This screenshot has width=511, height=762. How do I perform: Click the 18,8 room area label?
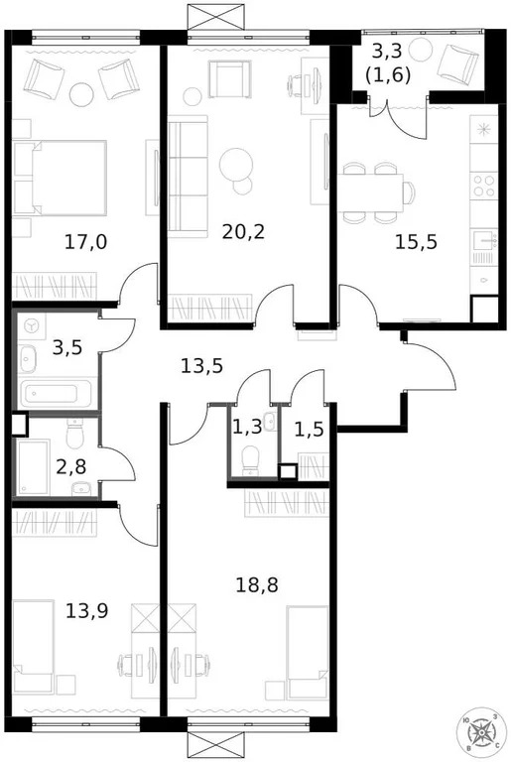tap(258, 584)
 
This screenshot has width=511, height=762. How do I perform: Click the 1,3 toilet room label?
tap(248, 428)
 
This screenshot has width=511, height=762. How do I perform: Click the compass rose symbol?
tap(480, 732)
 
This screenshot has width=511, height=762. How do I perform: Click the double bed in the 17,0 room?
tap(60, 177)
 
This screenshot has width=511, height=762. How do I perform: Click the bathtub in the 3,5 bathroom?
tap(55, 394)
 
